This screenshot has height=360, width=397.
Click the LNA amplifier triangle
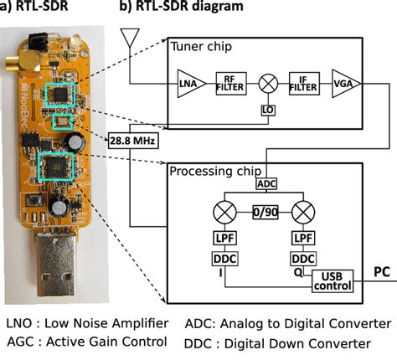tap(186, 83)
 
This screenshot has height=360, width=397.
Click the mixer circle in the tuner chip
tap(267, 83)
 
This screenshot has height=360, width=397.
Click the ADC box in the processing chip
tap(266, 183)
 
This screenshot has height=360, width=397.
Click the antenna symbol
tap(129, 37)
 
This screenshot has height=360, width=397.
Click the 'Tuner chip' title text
tap(202, 46)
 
